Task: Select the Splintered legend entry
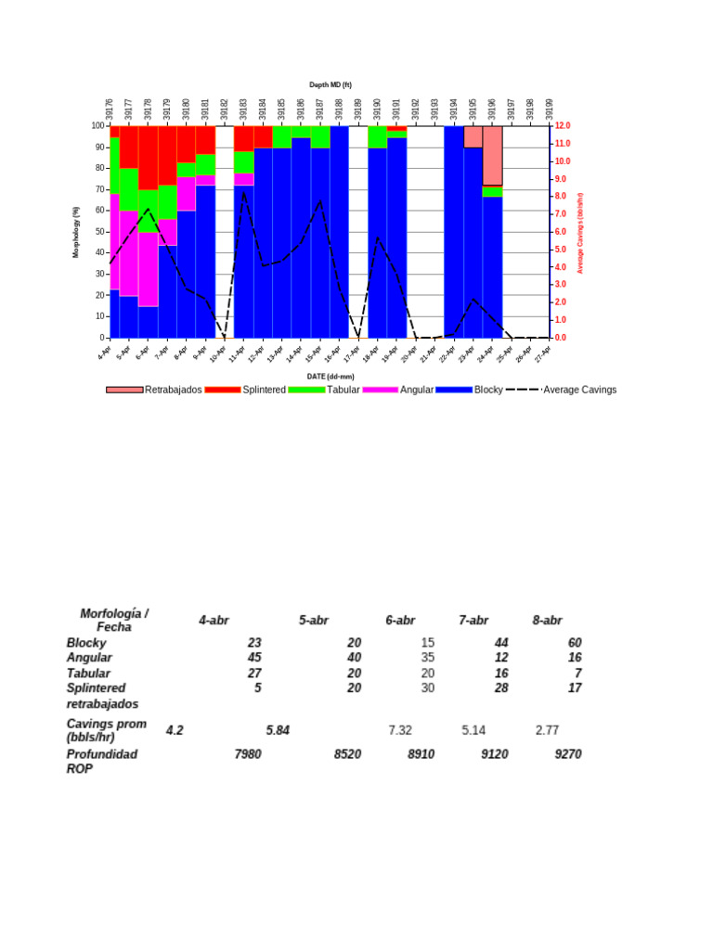264,390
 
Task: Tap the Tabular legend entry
343,390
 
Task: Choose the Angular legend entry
416,390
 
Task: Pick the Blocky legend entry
487,390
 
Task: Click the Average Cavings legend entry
579,390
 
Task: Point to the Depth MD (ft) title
330,85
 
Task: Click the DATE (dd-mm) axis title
330,376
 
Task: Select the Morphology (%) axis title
77,232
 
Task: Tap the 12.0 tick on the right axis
563,125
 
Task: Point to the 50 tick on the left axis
98,232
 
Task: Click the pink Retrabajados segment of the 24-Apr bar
493,155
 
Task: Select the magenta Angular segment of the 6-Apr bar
148,269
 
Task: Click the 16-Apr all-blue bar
339,232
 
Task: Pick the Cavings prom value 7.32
400,730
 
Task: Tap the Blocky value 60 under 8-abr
574,642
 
